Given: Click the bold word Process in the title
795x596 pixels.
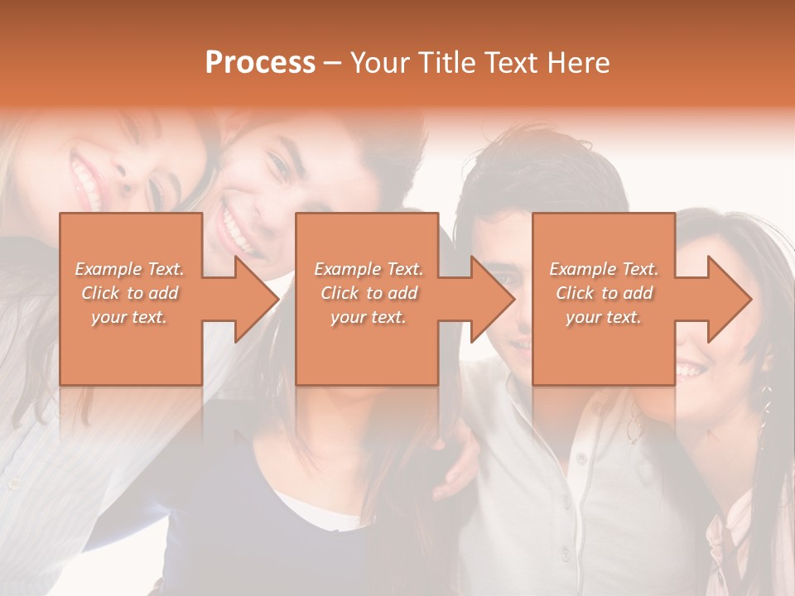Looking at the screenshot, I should coord(260,63).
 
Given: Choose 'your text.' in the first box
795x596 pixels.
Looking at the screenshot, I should coord(129,317).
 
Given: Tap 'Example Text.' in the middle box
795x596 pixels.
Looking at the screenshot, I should coord(369,269).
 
